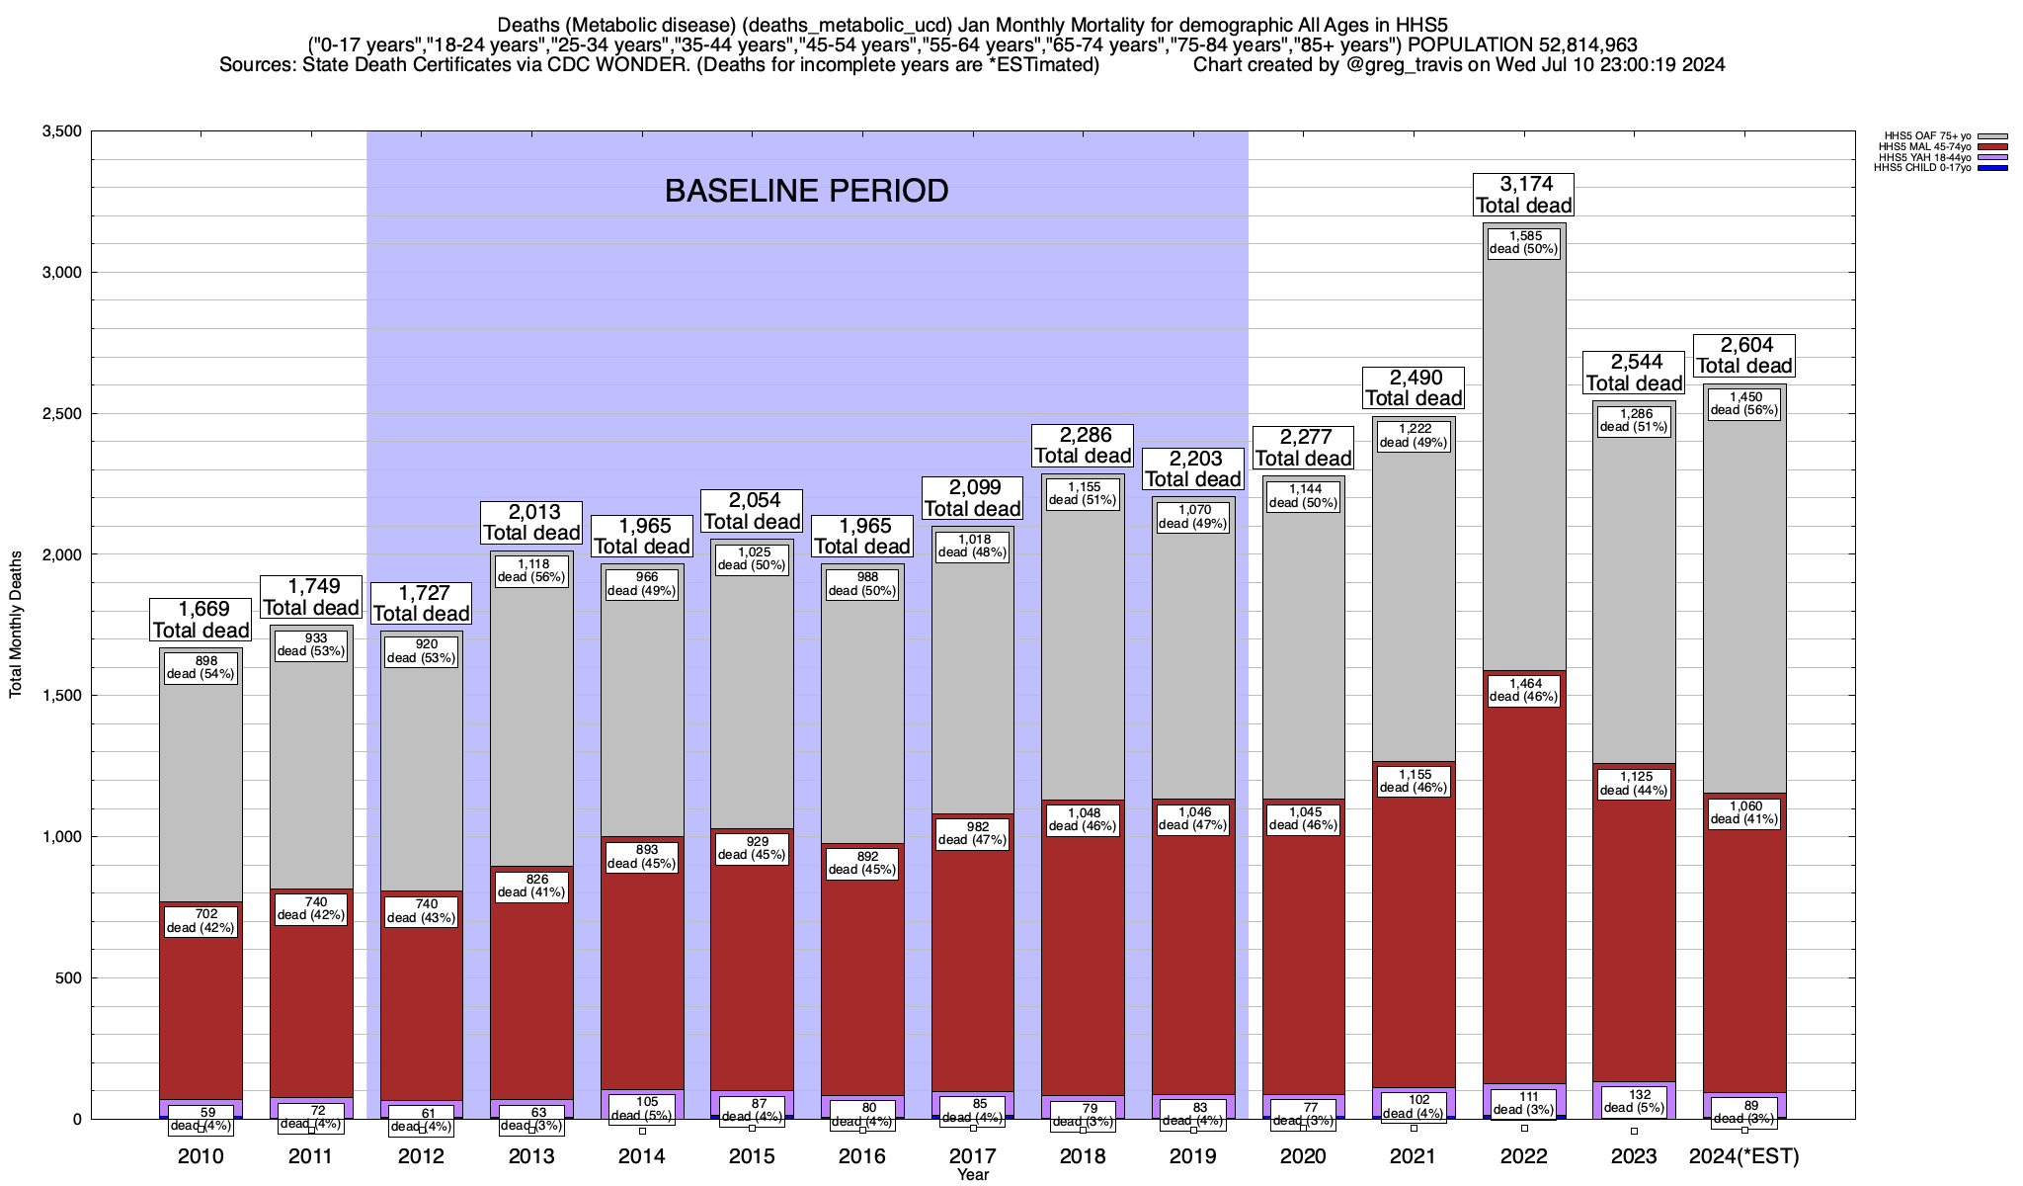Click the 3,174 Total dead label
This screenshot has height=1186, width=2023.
[1523, 195]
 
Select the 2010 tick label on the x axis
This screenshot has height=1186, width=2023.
[201, 1156]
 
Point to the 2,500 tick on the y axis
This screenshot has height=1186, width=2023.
[62, 413]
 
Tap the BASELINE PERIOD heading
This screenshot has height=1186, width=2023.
[806, 191]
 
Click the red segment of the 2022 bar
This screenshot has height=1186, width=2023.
[1524, 889]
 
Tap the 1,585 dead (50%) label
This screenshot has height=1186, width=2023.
[1523, 242]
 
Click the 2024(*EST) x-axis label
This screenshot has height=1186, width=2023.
[1744, 1156]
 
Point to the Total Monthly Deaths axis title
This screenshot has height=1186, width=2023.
[16, 625]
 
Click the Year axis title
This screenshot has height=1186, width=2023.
[972, 1175]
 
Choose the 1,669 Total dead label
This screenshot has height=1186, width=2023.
[201, 620]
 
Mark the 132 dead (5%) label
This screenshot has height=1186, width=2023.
[1634, 1101]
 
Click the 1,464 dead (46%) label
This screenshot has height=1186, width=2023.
[1523, 690]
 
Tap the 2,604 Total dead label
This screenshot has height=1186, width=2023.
[1744, 356]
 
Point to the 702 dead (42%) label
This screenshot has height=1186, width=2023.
[201, 921]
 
